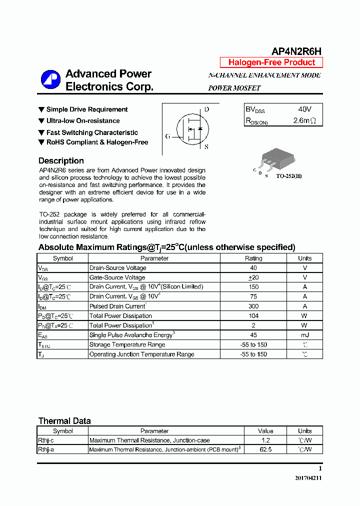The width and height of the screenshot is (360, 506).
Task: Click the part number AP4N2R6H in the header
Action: [296, 51]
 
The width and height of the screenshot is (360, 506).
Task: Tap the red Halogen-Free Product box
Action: [271, 62]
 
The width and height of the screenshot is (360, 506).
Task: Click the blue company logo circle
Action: [50, 80]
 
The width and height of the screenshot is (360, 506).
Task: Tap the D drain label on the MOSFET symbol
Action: [206, 109]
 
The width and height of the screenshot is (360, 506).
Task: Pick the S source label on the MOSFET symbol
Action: [206, 147]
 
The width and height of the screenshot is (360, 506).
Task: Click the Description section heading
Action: [61, 160]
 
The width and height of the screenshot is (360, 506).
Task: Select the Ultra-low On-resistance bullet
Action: [82, 121]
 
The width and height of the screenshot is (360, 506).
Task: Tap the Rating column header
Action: [253, 258]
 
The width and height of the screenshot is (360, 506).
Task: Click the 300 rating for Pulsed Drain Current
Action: [253, 306]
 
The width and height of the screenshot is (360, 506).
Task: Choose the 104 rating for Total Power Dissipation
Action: [253, 315]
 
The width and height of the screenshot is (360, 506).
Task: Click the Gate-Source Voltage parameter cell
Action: [117, 277]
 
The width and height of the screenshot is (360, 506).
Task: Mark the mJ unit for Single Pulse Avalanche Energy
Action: [304, 335]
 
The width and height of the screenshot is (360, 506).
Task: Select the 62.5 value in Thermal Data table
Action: [265, 449]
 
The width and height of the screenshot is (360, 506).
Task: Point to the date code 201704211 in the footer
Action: [308, 478]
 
